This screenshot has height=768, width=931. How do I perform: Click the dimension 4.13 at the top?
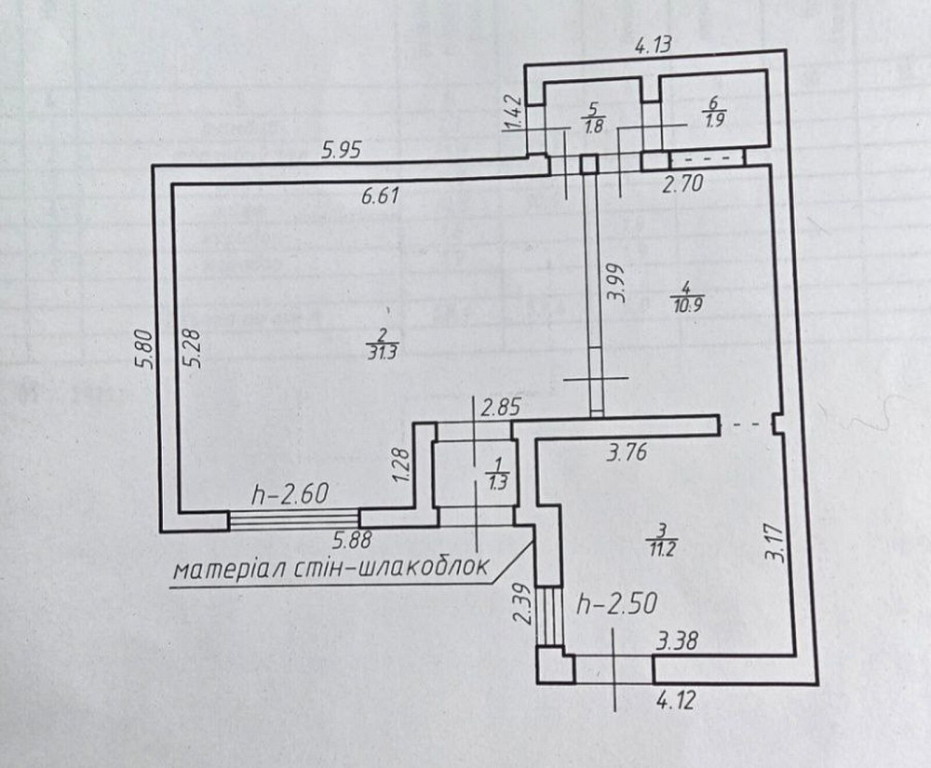(x=654, y=43)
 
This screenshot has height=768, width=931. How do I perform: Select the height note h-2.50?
(x=617, y=604)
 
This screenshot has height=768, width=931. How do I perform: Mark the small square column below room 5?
(x=588, y=165)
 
